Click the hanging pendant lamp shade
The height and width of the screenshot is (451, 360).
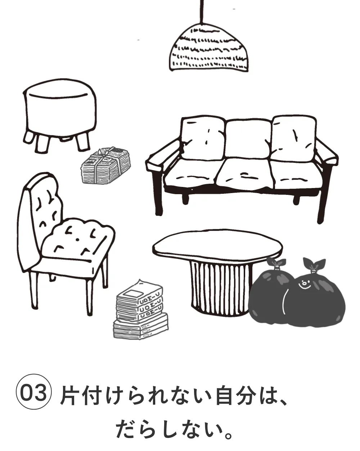[x=208, y=48]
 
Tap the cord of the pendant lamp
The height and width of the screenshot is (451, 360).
[x=202, y=12]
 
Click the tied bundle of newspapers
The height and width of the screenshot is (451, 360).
[x=106, y=166]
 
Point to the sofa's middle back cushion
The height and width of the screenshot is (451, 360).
[x=248, y=139]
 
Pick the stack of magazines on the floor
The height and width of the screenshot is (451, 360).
[x=140, y=309]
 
